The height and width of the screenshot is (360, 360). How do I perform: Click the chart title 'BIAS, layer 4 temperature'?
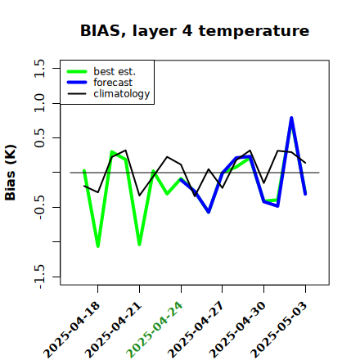coord(195,31)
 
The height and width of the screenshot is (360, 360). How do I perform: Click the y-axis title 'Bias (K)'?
coord(11,173)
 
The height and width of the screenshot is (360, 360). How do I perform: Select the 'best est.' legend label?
coord(115,71)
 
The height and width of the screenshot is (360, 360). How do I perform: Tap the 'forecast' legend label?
coord(113,83)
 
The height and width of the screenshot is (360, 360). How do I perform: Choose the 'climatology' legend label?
coord(122,94)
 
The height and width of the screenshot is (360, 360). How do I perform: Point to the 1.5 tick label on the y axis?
coord(39,68)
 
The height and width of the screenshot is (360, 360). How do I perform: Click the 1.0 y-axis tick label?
coord(39,103)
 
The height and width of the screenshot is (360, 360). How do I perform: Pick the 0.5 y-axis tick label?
coord(39,138)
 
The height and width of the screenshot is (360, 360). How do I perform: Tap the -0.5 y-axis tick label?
coord(39,207)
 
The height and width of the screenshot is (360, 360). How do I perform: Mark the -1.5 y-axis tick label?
coord(39,277)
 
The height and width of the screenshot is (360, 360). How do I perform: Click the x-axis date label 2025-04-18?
coord(72,330)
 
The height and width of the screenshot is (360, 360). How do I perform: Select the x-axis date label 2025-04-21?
coord(114,330)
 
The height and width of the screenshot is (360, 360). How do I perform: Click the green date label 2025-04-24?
coord(155,330)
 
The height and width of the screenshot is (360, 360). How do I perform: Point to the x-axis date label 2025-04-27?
coord(196,330)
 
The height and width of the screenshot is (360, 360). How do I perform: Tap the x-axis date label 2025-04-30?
coord(238,330)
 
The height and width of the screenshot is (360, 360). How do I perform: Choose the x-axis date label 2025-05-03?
coord(280,330)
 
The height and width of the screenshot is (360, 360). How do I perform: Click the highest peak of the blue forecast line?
coord(291,118)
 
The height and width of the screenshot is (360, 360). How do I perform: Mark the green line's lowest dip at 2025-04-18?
coord(98,246)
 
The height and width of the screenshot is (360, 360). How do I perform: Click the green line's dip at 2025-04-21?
coord(139,245)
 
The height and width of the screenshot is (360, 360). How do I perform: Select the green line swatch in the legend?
coord(77,72)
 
